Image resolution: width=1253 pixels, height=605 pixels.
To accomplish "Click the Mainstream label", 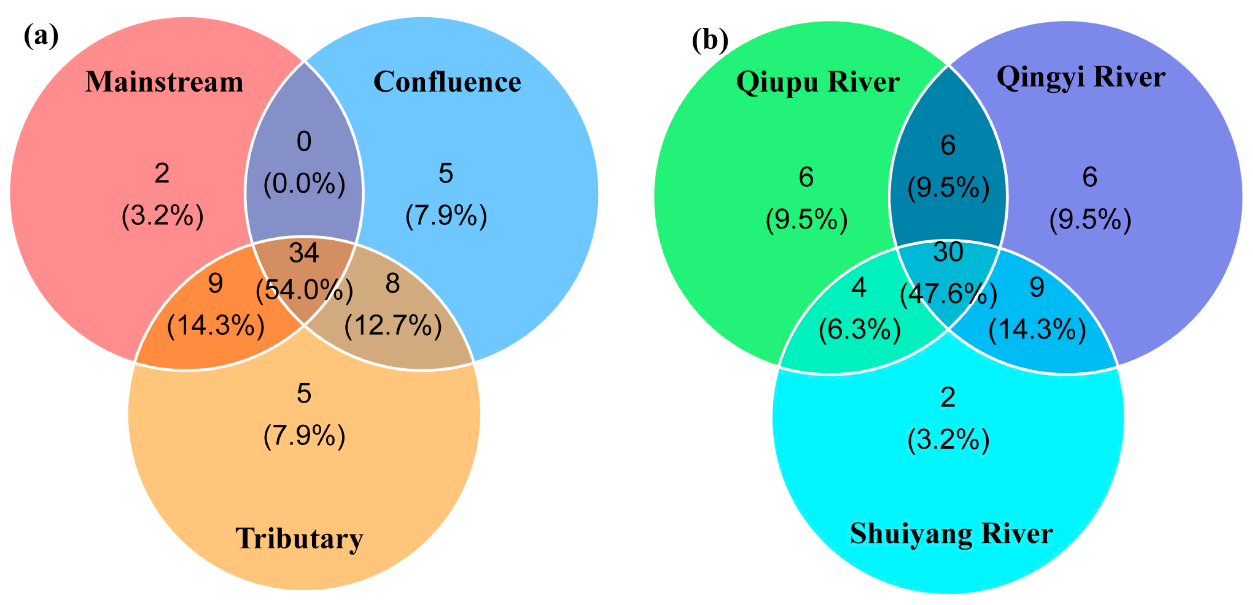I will click(164, 82).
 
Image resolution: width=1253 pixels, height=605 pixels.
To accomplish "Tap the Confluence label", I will click(447, 82).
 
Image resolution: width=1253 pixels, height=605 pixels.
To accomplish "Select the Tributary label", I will click(299, 538).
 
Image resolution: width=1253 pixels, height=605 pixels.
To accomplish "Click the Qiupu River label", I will click(818, 82).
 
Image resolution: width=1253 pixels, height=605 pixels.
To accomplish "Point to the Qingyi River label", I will click(1081, 77).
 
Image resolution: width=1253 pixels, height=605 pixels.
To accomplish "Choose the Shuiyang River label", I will click(951, 534).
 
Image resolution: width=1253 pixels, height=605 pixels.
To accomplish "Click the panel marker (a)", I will click(41, 36).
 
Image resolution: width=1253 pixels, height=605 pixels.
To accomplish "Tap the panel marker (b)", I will click(710, 40).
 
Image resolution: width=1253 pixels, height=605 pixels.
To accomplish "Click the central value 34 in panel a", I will click(304, 252).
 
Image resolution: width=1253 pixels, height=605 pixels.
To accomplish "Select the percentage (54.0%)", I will click(304, 290).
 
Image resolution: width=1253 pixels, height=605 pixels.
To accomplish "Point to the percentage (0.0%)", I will click(304, 184).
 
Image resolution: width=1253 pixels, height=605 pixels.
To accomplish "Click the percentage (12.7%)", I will click(393, 326).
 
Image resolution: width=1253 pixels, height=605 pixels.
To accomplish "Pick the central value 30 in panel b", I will click(948, 252).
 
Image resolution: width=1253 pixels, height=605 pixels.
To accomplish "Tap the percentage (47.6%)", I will click(948, 294).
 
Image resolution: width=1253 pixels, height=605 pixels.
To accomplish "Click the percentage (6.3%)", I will click(860, 330).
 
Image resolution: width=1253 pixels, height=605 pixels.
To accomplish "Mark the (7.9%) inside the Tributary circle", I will click(304, 435).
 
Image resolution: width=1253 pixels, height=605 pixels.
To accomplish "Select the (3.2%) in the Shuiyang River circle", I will click(948, 440).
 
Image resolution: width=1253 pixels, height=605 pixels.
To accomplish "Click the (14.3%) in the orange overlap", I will click(215, 326).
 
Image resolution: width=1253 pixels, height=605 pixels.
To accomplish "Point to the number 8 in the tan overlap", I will click(393, 283).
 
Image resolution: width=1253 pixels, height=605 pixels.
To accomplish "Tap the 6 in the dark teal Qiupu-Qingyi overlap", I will click(948, 145).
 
